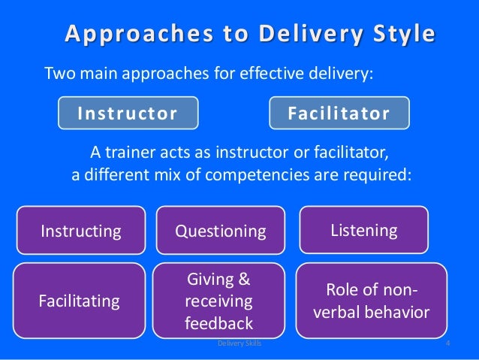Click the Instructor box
click(128, 113)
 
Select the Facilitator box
click(339, 113)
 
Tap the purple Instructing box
click(81, 231)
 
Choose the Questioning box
click(221, 231)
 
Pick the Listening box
click(364, 230)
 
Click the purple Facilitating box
click(80, 301)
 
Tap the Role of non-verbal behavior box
click(366, 301)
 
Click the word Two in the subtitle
click(59, 74)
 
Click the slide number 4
click(447, 343)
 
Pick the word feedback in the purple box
click(218, 324)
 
